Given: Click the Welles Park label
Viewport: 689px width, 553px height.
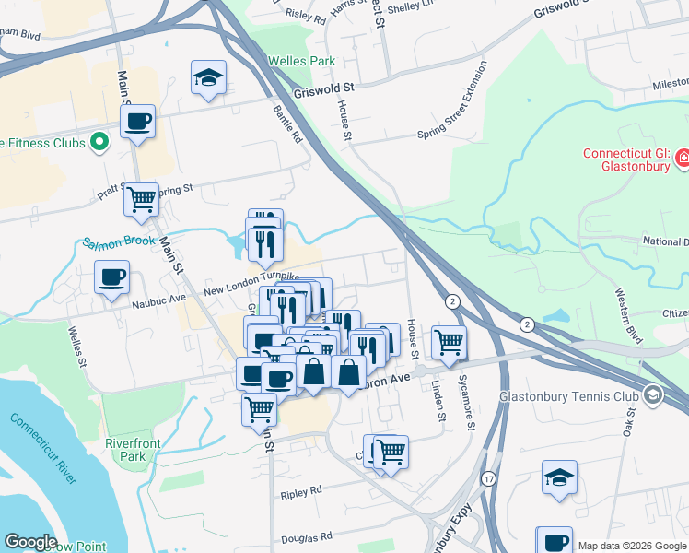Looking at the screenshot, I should [x=298, y=62].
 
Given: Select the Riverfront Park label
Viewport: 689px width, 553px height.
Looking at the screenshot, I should [x=133, y=450].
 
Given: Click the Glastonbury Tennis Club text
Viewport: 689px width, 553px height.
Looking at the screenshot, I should [x=567, y=398].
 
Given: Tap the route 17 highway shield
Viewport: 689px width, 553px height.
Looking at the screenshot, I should [x=487, y=479].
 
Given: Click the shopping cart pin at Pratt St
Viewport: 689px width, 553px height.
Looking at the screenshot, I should [x=141, y=198].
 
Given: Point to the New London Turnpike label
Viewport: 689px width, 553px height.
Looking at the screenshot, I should [x=251, y=284].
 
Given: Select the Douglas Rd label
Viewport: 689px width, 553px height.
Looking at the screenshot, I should [x=308, y=537].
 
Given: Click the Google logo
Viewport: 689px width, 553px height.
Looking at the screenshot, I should [x=29, y=542].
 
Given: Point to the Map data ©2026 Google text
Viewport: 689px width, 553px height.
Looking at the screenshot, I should [x=632, y=546].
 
